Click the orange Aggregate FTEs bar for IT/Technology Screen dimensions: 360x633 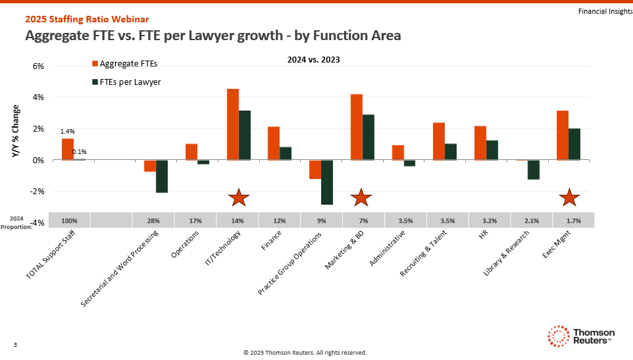(233, 124)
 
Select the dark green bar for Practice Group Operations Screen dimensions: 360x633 (327, 182)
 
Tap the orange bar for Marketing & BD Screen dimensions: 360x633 (357, 127)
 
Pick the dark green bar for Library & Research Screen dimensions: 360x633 (533, 169)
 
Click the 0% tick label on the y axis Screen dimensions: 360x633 (38, 160)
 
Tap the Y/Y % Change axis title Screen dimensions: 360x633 (16, 131)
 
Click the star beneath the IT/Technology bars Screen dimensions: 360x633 (238, 197)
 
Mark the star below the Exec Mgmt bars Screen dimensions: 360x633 (569, 197)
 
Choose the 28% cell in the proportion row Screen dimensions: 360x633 (153, 220)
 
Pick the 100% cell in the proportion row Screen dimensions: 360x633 (69, 220)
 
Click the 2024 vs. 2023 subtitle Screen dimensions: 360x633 (313, 59)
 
